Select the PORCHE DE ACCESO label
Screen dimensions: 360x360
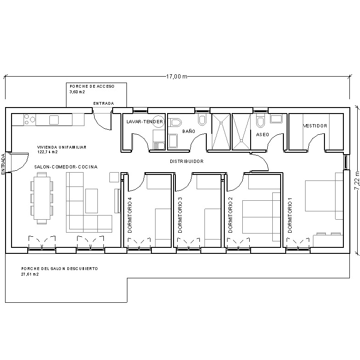pos(91,86)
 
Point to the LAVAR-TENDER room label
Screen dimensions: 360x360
pos(144,122)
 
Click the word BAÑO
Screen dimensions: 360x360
pos(188,132)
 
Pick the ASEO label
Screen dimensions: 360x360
pos(262,134)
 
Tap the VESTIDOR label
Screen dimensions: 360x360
pos(315,126)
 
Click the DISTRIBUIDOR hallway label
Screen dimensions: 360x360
pos(186,162)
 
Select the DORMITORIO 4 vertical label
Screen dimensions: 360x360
pos(130,215)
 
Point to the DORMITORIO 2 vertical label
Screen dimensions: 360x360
pos(229,215)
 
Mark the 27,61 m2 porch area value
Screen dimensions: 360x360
pos(30,274)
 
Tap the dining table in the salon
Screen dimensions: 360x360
pos(42,198)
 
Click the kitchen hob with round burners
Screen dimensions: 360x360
pos(30,120)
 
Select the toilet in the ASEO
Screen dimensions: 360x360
pos(260,121)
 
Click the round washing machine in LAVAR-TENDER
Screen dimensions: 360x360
pos(158,120)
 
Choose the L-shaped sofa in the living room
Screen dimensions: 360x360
pos(88,208)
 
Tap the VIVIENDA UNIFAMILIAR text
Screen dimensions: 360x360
pos(62,147)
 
